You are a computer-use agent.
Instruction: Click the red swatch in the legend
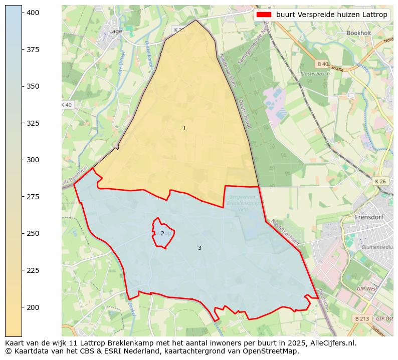pos(264,15)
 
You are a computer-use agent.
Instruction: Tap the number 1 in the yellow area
pos(184,129)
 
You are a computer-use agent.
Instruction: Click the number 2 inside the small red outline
pos(162,233)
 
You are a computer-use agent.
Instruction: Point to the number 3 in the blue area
pos(200,248)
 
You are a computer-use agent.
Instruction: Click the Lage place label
pos(115,31)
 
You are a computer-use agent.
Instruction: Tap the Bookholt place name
pos(358,33)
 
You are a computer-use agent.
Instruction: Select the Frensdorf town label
pos(369,217)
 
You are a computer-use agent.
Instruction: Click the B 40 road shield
pos(322,64)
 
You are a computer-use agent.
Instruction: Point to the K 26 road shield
pos(380,181)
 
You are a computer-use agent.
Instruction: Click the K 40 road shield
pos(66,105)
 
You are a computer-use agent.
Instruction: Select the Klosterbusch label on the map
pos(315,74)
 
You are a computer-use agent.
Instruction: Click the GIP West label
pos(367,289)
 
